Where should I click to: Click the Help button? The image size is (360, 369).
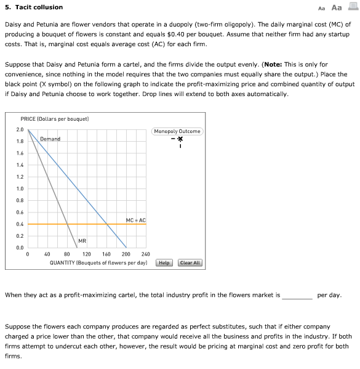tap(164, 263)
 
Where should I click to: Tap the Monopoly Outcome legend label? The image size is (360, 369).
tap(177, 131)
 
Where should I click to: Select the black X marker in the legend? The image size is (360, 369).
tap(180, 139)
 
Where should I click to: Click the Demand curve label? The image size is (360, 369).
tap(50, 139)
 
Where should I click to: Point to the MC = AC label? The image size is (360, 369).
tap(135, 220)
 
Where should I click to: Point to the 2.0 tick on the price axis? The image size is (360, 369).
tap(20, 130)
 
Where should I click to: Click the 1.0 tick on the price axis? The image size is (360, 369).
tap(20, 189)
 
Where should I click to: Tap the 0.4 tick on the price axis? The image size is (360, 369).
tap(20, 224)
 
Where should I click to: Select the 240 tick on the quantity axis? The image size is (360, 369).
tap(145, 254)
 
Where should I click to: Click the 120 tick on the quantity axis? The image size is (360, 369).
tap(87, 254)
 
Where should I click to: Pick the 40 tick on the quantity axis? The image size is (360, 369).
tap(47, 254)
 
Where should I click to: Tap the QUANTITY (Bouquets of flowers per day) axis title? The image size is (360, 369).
tap(98, 262)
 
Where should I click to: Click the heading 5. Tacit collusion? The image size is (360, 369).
tap(34, 7)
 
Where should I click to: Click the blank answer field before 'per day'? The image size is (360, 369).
tap(297, 294)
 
